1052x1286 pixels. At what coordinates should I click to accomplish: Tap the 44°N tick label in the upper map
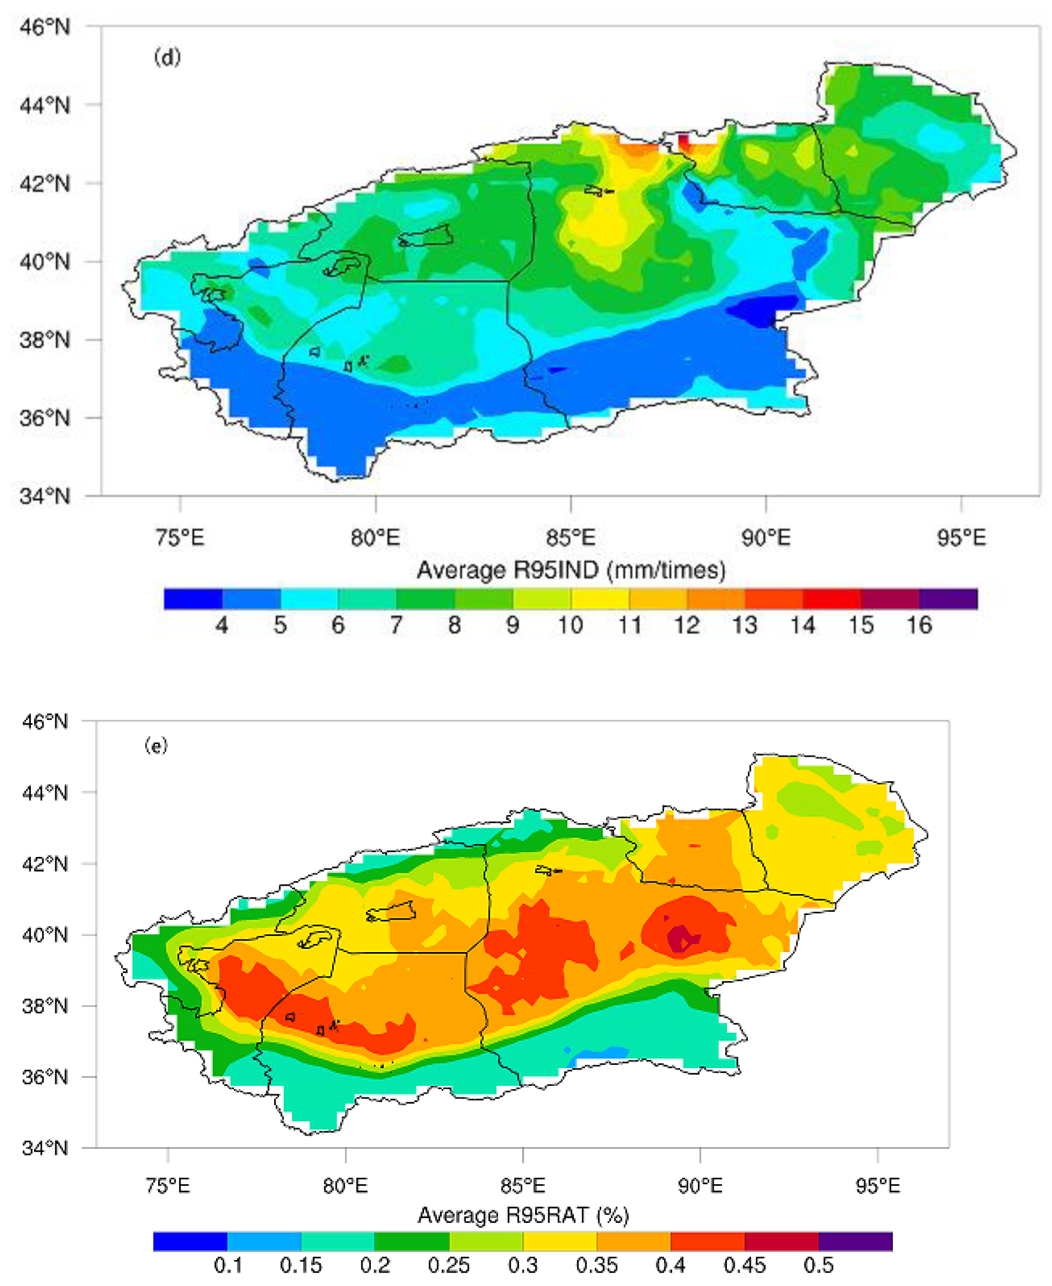tap(44, 106)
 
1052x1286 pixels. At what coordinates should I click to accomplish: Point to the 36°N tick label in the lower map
tap(44, 1077)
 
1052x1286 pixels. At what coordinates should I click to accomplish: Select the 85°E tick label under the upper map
tap(571, 537)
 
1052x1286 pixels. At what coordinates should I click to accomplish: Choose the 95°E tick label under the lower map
tap(877, 1185)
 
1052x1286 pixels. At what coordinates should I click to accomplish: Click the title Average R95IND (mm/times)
tap(571, 570)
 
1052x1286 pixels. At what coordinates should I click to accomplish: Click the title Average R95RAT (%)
tap(523, 1215)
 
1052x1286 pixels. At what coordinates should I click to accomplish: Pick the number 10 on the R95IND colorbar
tap(571, 625)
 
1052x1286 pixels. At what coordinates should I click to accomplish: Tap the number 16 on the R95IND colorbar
tap(919, 625)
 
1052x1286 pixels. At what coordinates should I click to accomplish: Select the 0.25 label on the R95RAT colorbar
tap(448, 1266)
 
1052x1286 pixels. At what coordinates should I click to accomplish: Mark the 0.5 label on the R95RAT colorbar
tap(818, 1266)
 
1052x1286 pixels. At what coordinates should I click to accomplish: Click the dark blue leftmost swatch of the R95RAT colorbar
tap(190, 1241)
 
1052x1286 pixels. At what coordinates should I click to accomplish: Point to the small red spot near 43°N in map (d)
tap(683, 141)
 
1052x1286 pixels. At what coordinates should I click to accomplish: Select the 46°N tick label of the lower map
tap(44, 722)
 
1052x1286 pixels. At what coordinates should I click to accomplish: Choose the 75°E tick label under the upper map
tap(180, 537)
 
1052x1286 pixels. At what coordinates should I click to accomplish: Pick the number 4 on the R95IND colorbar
tap(222, 625)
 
